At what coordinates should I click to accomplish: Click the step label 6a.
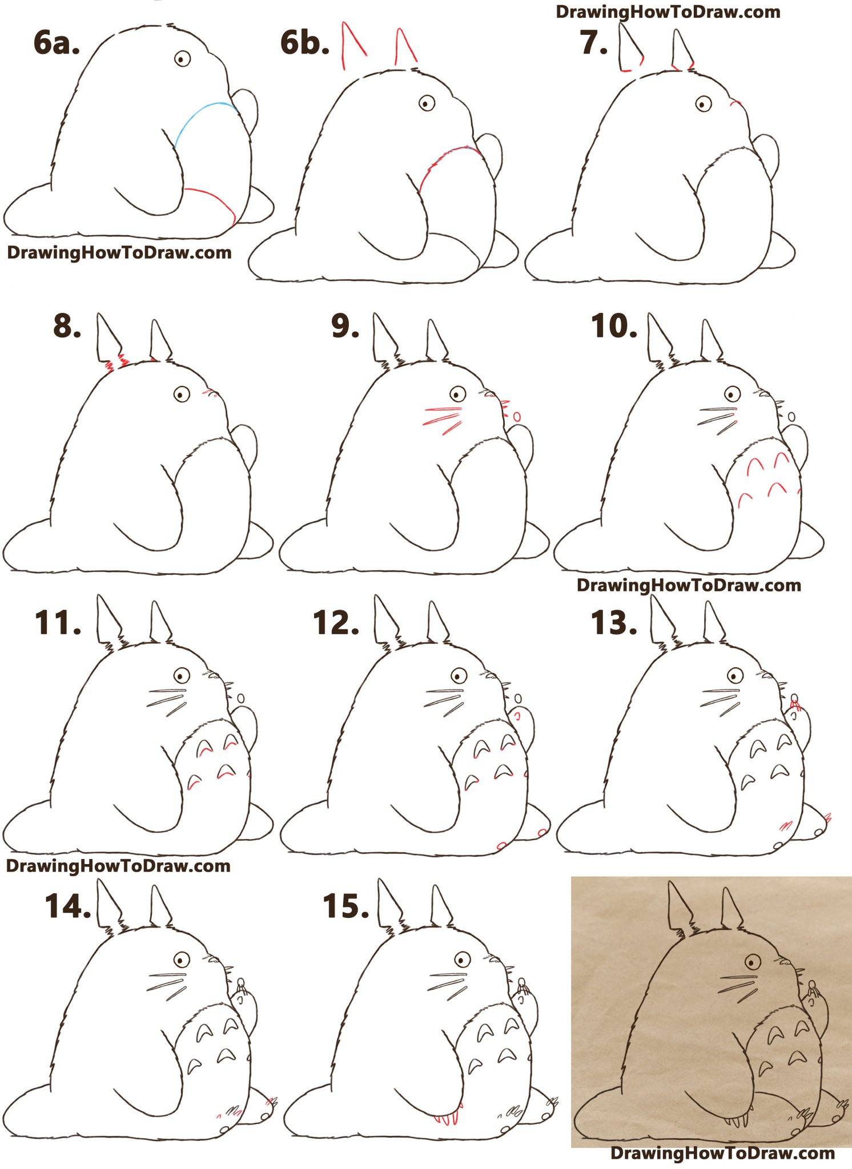[56, 43]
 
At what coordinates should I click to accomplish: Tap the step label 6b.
[305, 43]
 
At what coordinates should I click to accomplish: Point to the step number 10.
[614, 327]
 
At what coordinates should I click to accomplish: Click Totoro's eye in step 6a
[182, 58]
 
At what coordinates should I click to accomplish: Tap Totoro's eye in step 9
[457, 394]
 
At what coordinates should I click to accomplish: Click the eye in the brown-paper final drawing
[753, 962]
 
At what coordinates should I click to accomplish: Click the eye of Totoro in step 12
[459, 676]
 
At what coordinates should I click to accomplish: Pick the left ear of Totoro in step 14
[108, 904]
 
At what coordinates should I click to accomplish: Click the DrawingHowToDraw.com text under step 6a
[119, 253]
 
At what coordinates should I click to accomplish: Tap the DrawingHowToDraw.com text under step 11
[118, 866]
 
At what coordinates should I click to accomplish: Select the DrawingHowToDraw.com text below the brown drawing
[722, 1153]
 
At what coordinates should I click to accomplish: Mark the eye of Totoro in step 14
[182, 960]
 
